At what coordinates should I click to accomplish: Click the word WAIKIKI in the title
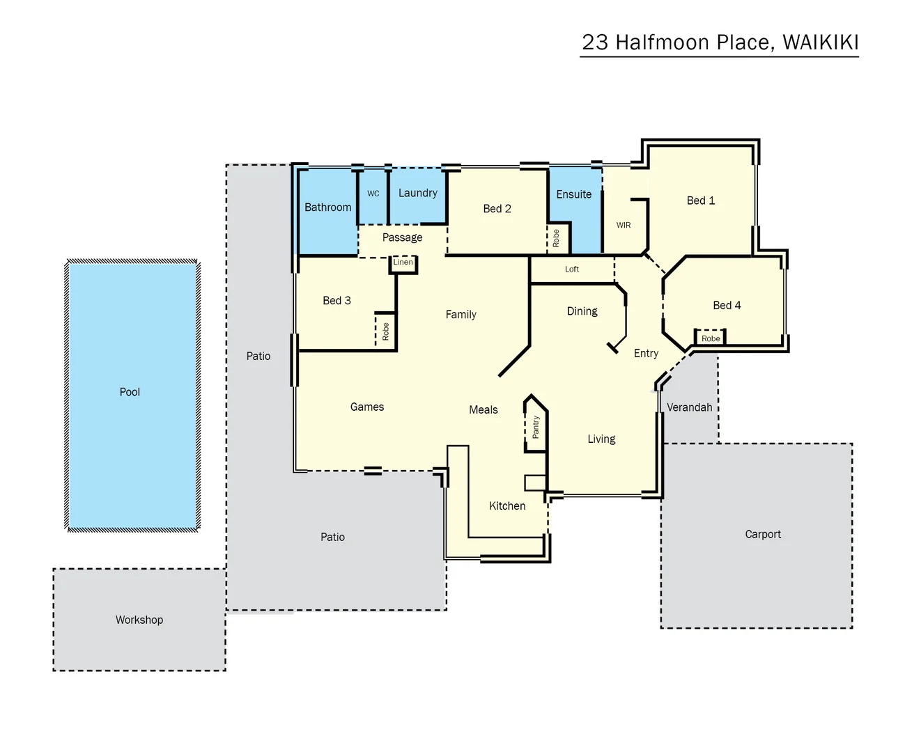pyautogui.click(x=820, y=42)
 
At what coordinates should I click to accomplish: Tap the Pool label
pyautogui.click(x=130, y=392)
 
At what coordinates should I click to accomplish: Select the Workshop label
pyautogui.click(x=139, y=620)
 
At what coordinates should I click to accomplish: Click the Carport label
pyautogui.click(x=763, y=534)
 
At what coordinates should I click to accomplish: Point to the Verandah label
pyautogui.click(x=689, y=407)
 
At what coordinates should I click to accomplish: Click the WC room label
pyautogui.click(x=373, y=194)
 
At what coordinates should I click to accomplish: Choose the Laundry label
pyautogui.click(x=418, y=193)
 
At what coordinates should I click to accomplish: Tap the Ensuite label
pyautogui.click(x=573, y=194)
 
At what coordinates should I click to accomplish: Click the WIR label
pyautogui.click(x=624, y=225)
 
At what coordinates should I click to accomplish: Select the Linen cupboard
pyautogui.click(x=403, y=263)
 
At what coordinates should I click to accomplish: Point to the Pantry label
pyautogui.click(x=536, y=427)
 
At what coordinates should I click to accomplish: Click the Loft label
pyautogui.click(x=572, y=269)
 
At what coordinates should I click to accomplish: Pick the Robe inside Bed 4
pyautogui.click(x=711, y=338)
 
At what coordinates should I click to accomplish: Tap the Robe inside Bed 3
pyautogui.click(x=386, y=331)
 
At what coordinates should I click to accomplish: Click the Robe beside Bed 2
pyautogui.click(x=556, y=239)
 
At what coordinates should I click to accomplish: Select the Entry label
pyautogui.click(x=646, y=353)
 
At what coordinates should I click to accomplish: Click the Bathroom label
pyautogui.click(x=327, y=207)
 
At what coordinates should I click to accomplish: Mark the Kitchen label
pyautogui.click(x=507, y=506)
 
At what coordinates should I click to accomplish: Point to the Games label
pyautogui.click(x=367, y=407)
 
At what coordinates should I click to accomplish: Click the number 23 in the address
pyautogui.click(x=595, y=42)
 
